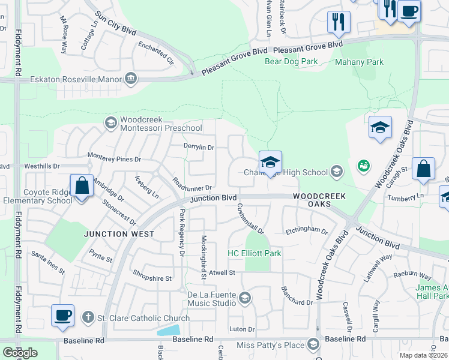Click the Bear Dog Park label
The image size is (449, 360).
click(291, 62)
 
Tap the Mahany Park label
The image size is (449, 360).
click(359, 62)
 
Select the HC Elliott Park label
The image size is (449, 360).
click(255, 253)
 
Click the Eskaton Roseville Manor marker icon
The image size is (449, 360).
click(130, 79)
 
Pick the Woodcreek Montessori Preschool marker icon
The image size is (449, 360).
click(110, 123)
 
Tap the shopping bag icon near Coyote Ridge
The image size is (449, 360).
click(82, 185)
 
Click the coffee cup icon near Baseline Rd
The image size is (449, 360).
click(63, 315)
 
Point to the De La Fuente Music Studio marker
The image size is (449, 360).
click(244, 298)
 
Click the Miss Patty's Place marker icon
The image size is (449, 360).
click(313, 344)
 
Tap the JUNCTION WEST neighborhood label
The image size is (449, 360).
click(119, 234)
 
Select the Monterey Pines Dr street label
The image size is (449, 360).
click(114, 160)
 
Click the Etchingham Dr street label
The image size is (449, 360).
click(307, 230)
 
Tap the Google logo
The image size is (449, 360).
click(20, 353)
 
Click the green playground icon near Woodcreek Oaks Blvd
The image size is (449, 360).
click(363, 165)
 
